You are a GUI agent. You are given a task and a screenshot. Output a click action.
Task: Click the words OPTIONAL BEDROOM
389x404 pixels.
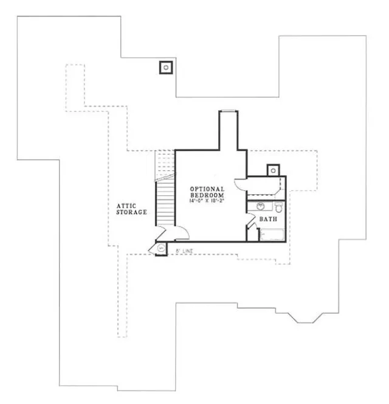[207, 193]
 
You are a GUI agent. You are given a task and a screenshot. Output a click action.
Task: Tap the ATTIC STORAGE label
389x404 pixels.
[132, 209]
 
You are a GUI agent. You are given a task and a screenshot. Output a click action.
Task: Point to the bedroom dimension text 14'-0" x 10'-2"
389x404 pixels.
[207, 201]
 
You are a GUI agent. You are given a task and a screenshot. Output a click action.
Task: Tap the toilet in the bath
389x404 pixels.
[278, 206]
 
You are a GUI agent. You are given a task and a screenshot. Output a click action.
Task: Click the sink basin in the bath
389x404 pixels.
[260, 206]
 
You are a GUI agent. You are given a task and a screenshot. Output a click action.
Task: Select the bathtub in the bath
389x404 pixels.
[272, 234]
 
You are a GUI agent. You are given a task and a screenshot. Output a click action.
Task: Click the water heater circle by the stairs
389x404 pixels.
[161, 248]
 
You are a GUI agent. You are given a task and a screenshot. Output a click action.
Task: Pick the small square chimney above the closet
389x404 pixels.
[273, 170]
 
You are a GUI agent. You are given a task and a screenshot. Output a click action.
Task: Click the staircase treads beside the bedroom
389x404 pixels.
[165, 201]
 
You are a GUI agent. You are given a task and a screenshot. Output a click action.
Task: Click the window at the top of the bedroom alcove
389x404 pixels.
[228, 110]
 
